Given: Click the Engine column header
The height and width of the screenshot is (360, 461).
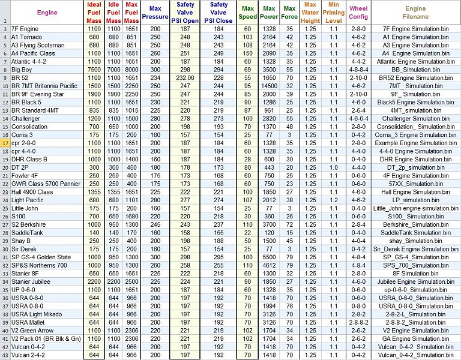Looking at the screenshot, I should click(47, 13).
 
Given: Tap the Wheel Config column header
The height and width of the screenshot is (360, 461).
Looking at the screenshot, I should click(358, 13).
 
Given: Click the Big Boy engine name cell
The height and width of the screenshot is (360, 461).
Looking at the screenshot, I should click(22, 70).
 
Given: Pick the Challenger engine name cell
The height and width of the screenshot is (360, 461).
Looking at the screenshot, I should click(26, 119).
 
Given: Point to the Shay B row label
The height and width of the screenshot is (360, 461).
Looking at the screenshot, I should click(21, 241).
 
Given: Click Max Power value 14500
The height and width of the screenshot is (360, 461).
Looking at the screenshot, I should click(270, 86).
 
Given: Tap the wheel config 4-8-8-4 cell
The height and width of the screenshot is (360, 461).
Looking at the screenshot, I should click(358, 70).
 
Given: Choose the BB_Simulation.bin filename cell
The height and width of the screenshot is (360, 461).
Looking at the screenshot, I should click(416, 70).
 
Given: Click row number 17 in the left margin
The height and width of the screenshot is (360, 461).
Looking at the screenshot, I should click(5, 143).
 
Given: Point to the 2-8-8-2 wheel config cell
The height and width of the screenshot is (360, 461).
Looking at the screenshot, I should click(358, 322).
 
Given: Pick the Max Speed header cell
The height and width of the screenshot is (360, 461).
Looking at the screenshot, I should click(247, 13).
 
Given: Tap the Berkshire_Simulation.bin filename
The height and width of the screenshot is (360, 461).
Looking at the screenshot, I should click(416, 224).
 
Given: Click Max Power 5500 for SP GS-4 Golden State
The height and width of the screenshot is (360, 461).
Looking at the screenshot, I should click(270, 257).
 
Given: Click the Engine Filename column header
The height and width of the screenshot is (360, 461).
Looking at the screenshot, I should click(416, 13).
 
